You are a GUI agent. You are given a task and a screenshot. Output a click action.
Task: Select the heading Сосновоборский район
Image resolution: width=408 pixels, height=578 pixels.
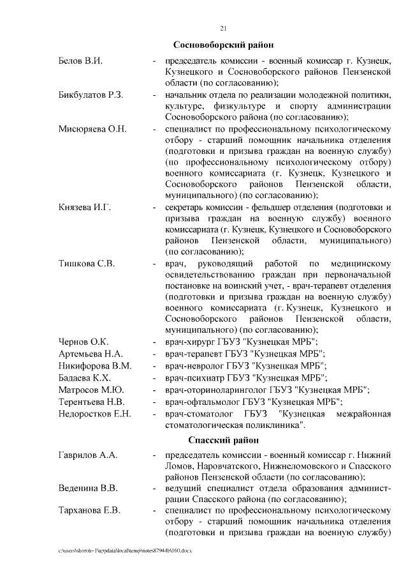(x=223, y=45)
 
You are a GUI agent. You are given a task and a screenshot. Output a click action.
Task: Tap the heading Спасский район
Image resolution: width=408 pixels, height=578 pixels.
(x=223, y=441)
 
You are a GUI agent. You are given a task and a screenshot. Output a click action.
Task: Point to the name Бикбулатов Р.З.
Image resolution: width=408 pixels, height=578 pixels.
(x=91, y=95)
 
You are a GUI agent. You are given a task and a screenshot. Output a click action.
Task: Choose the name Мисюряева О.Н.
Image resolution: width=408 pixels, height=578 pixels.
(x=93, y=129)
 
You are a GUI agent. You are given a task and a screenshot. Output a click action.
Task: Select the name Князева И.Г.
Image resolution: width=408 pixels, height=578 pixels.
(x=85, y=208)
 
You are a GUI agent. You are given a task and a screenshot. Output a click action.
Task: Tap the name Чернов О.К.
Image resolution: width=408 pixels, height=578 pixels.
(x=84, y=342)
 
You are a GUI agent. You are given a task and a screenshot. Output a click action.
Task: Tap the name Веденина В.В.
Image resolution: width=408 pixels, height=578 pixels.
(x=88, y=489)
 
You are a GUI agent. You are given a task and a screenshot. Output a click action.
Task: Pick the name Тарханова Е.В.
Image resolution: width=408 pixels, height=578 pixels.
(x=90, y=511)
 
